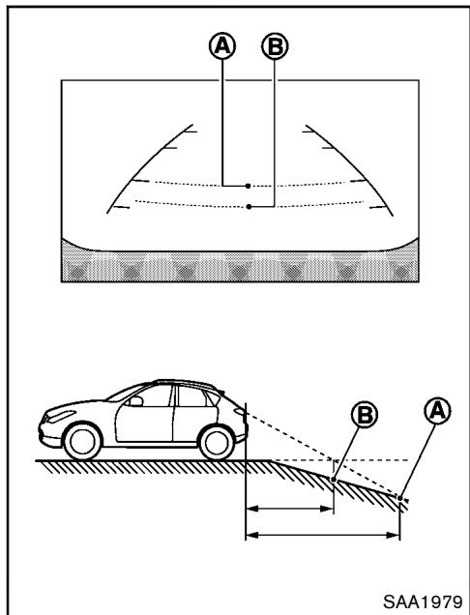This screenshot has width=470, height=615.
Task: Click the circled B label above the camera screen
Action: (276, 46)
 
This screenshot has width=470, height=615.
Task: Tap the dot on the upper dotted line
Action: (249, 184)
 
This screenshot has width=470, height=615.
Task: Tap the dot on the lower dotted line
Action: (249, 206)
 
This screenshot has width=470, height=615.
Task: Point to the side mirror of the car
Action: (136, 398)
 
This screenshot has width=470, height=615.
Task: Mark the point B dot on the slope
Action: (334, 477)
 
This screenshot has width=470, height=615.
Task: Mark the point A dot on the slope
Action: (399, 497)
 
